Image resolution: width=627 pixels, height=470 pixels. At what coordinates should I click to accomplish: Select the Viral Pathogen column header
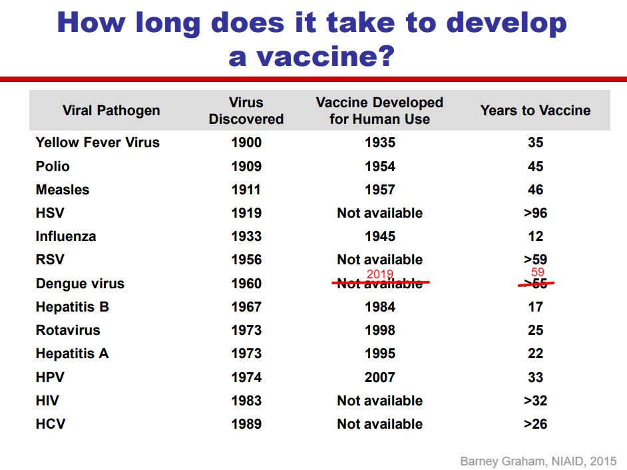111,111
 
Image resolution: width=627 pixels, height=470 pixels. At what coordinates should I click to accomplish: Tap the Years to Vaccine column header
535,111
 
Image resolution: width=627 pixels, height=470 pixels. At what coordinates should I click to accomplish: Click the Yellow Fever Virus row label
98,142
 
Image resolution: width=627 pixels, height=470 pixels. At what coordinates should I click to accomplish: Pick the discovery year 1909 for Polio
246,166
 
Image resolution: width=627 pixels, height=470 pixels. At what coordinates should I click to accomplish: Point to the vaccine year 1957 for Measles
379,190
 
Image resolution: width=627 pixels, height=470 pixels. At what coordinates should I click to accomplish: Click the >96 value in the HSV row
535,213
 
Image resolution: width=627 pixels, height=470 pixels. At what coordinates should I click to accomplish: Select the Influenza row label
66,236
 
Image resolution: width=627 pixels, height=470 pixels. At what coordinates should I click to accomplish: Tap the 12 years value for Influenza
535,236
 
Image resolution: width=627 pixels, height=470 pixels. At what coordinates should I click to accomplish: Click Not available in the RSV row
379,260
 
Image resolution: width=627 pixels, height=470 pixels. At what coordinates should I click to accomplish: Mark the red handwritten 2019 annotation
380,274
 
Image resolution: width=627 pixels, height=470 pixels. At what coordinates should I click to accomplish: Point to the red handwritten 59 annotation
538,272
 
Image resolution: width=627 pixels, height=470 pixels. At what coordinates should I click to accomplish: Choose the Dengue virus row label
80,284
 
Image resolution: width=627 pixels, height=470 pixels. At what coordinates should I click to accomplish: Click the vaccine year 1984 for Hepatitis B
379,307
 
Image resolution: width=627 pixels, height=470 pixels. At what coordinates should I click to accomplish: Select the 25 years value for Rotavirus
535,330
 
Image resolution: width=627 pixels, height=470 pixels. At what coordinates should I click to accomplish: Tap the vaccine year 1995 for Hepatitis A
379,353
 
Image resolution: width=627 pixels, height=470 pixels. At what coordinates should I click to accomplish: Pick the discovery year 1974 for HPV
246,377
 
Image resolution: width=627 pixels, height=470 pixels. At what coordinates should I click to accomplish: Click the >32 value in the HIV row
535,401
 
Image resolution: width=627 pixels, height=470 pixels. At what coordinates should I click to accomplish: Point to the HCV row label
51,424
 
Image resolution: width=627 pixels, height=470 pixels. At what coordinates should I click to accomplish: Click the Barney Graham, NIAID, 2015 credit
538,461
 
